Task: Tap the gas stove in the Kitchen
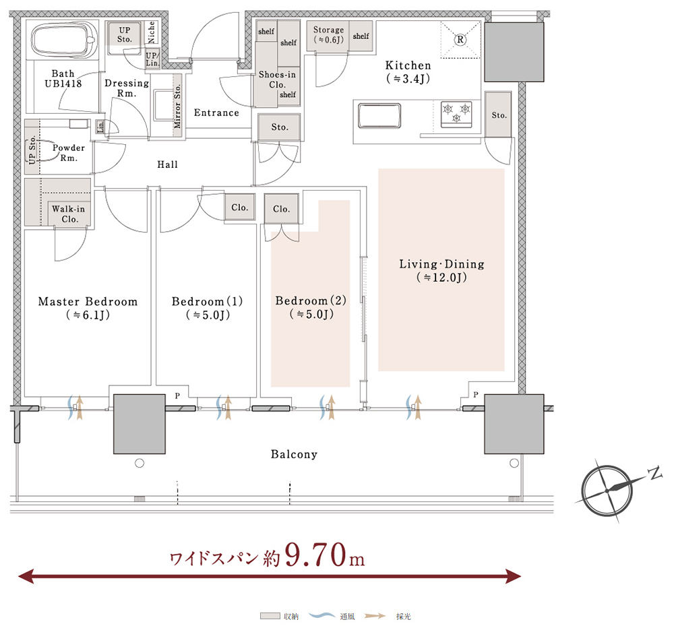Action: point(456,114)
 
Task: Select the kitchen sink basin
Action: point(379,115)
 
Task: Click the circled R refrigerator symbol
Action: point(460,40)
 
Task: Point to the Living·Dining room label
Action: point(441,270)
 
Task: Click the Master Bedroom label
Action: point(88,308)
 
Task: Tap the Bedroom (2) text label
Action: point(311,307)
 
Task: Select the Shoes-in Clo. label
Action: point(277,80)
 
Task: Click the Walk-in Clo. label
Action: point(69,214)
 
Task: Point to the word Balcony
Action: point(294,454)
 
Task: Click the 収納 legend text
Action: point(291,617)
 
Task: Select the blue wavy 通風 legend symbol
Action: point(322,616)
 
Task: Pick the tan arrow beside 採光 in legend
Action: point(374,616)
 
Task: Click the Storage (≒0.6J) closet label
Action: point(328,35)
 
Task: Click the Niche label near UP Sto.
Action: point(151,32)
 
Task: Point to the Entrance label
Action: point(216,113)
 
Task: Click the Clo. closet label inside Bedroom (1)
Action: point(239,208)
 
